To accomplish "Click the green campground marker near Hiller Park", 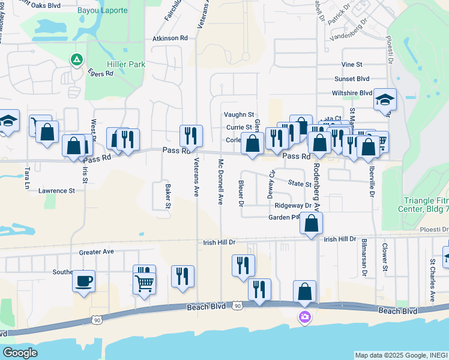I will coord(76,60).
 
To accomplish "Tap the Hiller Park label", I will coord(124,64).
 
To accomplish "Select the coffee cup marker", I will coord(83,280).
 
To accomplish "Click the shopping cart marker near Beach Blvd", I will coord(144,281).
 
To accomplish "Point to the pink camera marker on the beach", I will coord(304,317).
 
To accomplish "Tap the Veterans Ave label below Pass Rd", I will coord(196,178).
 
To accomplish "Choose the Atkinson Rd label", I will coord(170,38).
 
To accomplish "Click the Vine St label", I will coord(352,64).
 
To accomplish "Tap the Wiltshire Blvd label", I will coord(351,93).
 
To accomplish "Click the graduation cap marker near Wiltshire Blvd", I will coord(384,100).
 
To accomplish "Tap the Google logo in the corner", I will coord(20,353).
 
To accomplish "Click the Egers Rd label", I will coord(100,74).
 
